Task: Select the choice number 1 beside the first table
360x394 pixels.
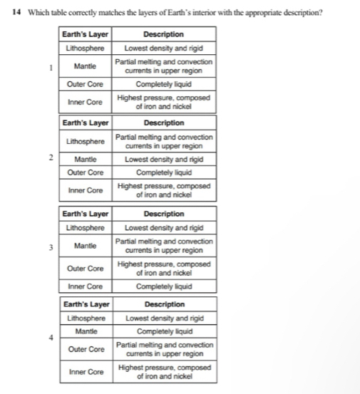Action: [50, 69]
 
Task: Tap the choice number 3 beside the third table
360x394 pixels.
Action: [50, 248]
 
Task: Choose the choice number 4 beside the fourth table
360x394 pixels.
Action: [50, 338]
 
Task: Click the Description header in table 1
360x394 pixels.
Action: [163, 34]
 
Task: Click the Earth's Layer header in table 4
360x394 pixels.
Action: [85, 304]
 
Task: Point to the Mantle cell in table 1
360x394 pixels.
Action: [85, 66]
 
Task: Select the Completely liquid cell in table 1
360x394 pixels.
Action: [163, 83]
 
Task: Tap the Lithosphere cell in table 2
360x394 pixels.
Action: [85, 141]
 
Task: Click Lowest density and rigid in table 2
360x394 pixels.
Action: [163, 160]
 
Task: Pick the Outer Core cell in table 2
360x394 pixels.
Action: [85, 172]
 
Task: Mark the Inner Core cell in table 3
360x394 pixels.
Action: [85, 286]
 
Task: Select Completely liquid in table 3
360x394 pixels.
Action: [163, 286]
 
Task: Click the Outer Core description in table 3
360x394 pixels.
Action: [163, 268]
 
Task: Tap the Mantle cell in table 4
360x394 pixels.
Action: [85, 331]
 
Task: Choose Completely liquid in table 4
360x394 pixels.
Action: [163, 331]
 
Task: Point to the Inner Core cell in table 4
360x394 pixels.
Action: [85, 372]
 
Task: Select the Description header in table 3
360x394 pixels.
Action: [163, 214]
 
